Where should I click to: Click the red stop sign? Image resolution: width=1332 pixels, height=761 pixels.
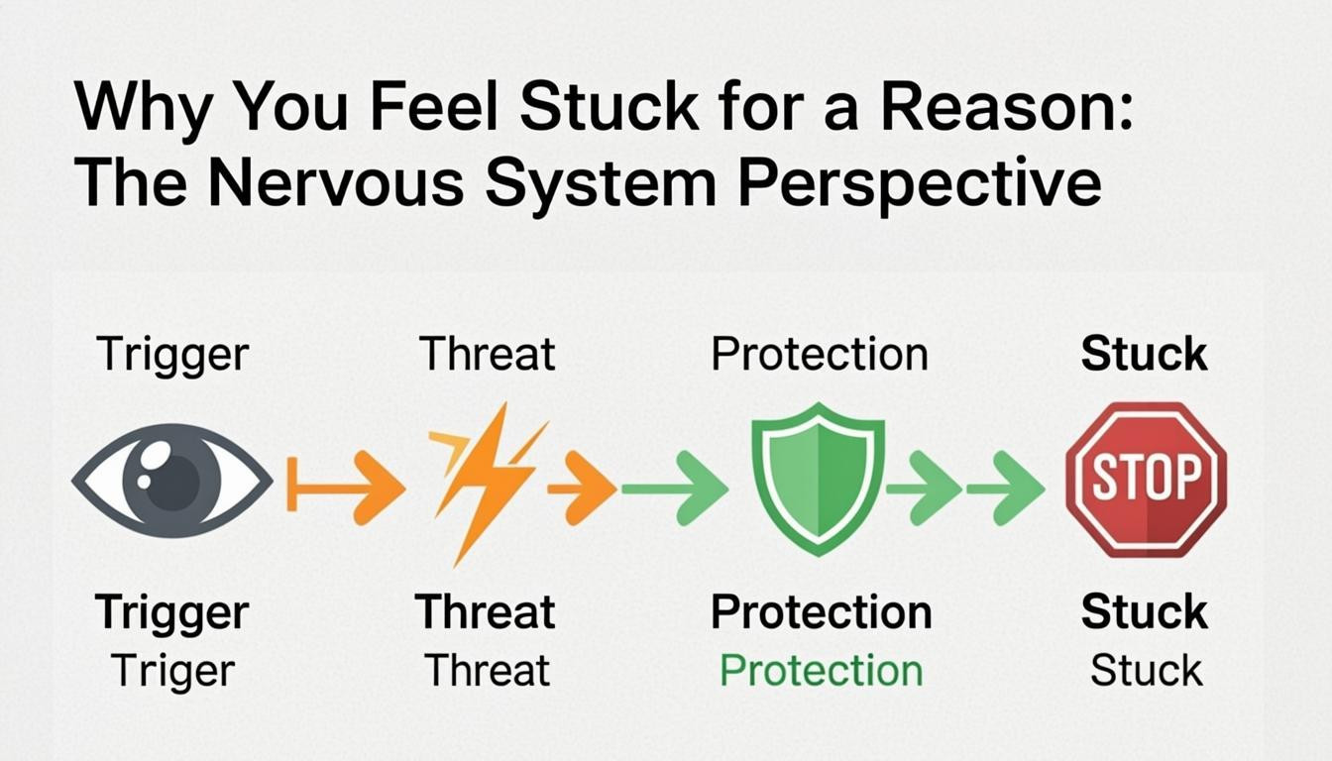tap(1146, 480)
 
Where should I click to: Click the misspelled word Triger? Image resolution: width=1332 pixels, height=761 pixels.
tap(172, 671)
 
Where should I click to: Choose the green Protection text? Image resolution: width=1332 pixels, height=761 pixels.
tap(821, 671)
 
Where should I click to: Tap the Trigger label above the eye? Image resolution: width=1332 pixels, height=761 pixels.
tap(172, 354)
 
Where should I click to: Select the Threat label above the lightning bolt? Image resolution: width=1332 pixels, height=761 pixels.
tap(487, 354)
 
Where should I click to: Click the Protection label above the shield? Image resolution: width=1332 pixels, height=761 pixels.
tap(820, 354)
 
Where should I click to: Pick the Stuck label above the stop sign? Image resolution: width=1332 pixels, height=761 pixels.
tap(1144, 354)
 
